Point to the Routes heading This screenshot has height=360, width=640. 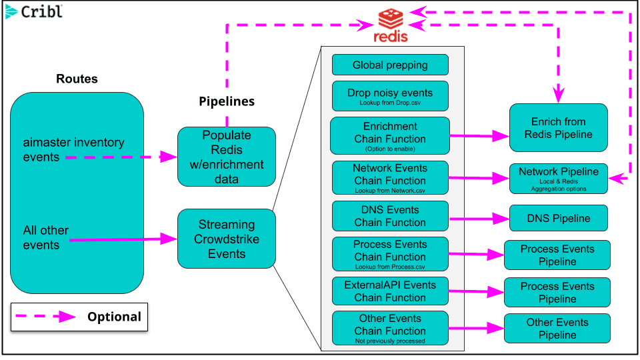[77, 79]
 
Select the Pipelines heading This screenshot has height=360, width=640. [227, 101]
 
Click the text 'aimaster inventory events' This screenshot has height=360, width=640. [73, 150]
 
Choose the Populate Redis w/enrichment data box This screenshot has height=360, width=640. [227, 157]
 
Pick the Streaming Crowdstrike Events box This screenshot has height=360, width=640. [227, 239]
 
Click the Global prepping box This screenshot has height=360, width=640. [390, 65]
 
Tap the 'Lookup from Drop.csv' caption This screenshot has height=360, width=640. [390, 104]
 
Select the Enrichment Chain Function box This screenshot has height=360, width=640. [390, 135]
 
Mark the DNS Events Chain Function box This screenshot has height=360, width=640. [390, 216]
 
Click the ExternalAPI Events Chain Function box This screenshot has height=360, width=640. [390, 291]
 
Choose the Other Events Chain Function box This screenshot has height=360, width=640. [390, 328]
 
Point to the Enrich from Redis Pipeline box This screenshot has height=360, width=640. [559, 128]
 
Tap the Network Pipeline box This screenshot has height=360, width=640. [559, 179]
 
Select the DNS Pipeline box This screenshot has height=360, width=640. [559, 218]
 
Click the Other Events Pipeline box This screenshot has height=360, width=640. [557, 329]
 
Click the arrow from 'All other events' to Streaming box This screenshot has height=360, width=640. [120, 238]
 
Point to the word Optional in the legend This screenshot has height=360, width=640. [114, 317]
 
